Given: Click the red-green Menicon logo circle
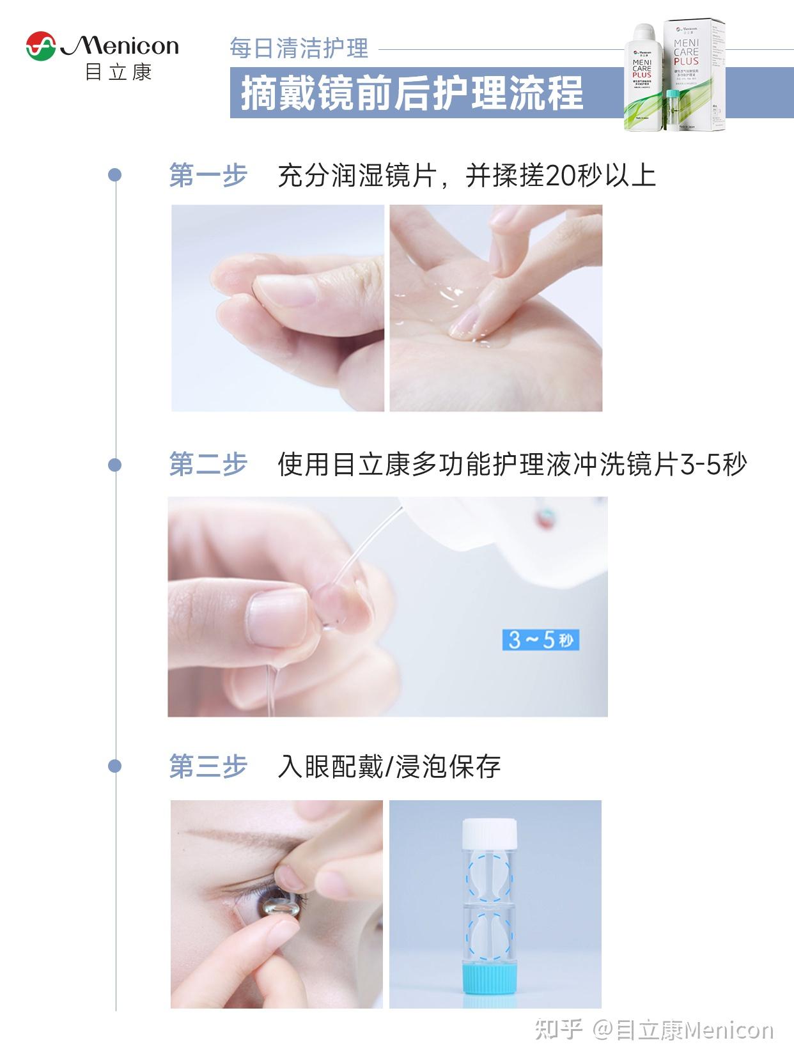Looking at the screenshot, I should tap(42, 46).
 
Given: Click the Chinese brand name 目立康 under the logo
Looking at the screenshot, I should tap(119, 72).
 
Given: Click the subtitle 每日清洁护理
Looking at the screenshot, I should tap(299, 49).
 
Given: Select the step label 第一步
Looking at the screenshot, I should tap(208, 175).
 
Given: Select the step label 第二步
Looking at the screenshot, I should tap(208, 465).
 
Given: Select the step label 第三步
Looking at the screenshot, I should tap(208, 766).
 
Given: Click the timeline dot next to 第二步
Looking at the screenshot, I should tap(115, 465).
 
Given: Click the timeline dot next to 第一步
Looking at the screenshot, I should tap(115, 175).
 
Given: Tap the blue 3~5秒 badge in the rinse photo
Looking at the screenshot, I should tap(540, 639).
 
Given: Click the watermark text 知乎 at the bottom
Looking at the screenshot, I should tap(558, 1030).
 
